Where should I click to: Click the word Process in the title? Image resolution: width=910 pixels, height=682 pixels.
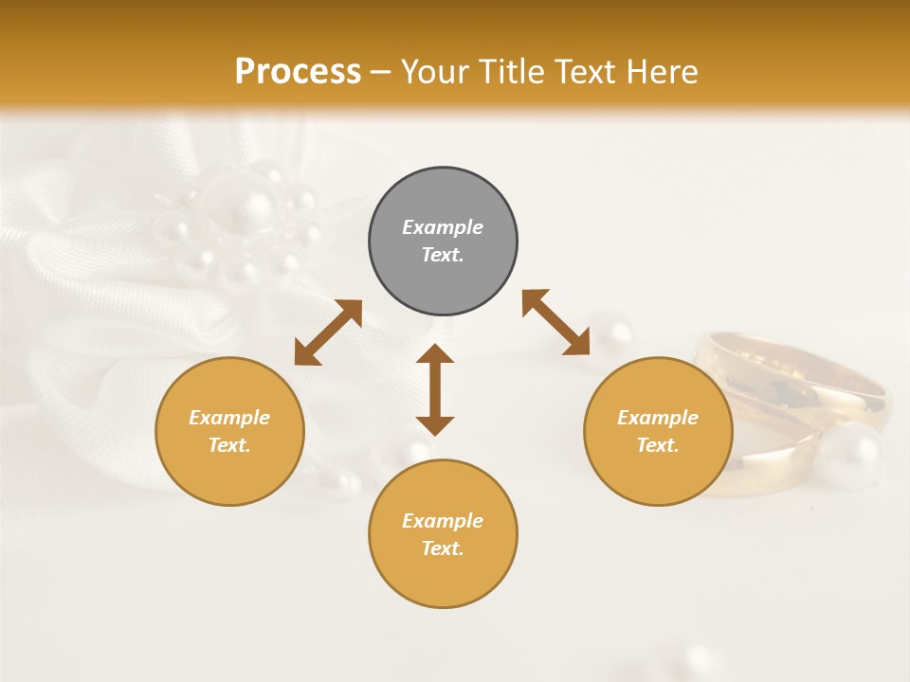pyautogui.click(x=298, y=72)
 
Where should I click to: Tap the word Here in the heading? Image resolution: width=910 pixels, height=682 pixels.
pyautogui.click(x=662, y=72)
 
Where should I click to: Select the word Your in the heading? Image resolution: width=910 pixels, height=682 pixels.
pyautogui.click(x=434, y=72)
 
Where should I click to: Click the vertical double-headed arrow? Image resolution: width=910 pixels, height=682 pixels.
pyautogui.click(x=435, y=389)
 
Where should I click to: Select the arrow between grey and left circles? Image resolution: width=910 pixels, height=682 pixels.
pyautogui.click(x=328, y=332)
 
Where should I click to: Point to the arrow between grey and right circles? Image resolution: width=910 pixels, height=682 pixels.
pyautogui.click(x=555, y=322)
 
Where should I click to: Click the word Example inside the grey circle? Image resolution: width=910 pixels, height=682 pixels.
pyautogui.click(x=443, y=227)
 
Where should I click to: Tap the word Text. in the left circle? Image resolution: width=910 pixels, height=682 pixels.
pyautogui.click(x=229, y=445)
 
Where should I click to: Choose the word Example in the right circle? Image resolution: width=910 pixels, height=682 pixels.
pyautogui.click(x=658, y=418)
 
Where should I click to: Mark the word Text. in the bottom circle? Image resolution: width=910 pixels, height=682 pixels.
pyautogui.click(x=443, y=548)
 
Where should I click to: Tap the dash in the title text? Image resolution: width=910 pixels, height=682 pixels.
pyautogui.click(x=381, y=72)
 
